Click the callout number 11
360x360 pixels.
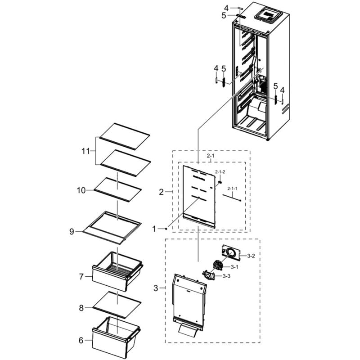(x=85, y=151)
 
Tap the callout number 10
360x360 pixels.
(x=81, y=190)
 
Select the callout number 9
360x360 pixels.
(x=72, y=232)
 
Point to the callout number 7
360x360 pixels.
(x=81, y=277)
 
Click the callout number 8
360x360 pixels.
(x=81, y=308)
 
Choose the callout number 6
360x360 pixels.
(x=81, y=340)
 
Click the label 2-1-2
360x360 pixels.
(x=220, y=172)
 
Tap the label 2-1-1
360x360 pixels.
(x=232, y=189)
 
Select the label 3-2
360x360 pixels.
(x=251, y=256)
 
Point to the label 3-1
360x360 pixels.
(x=234, y=267)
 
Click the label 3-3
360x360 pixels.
(x=226, y=276)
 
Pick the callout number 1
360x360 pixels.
(x=154, y=229)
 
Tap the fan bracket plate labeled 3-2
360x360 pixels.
(x=230, y=253)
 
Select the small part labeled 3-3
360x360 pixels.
(x=208, y=275)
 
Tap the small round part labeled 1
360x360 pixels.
(x=166, y=229)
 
